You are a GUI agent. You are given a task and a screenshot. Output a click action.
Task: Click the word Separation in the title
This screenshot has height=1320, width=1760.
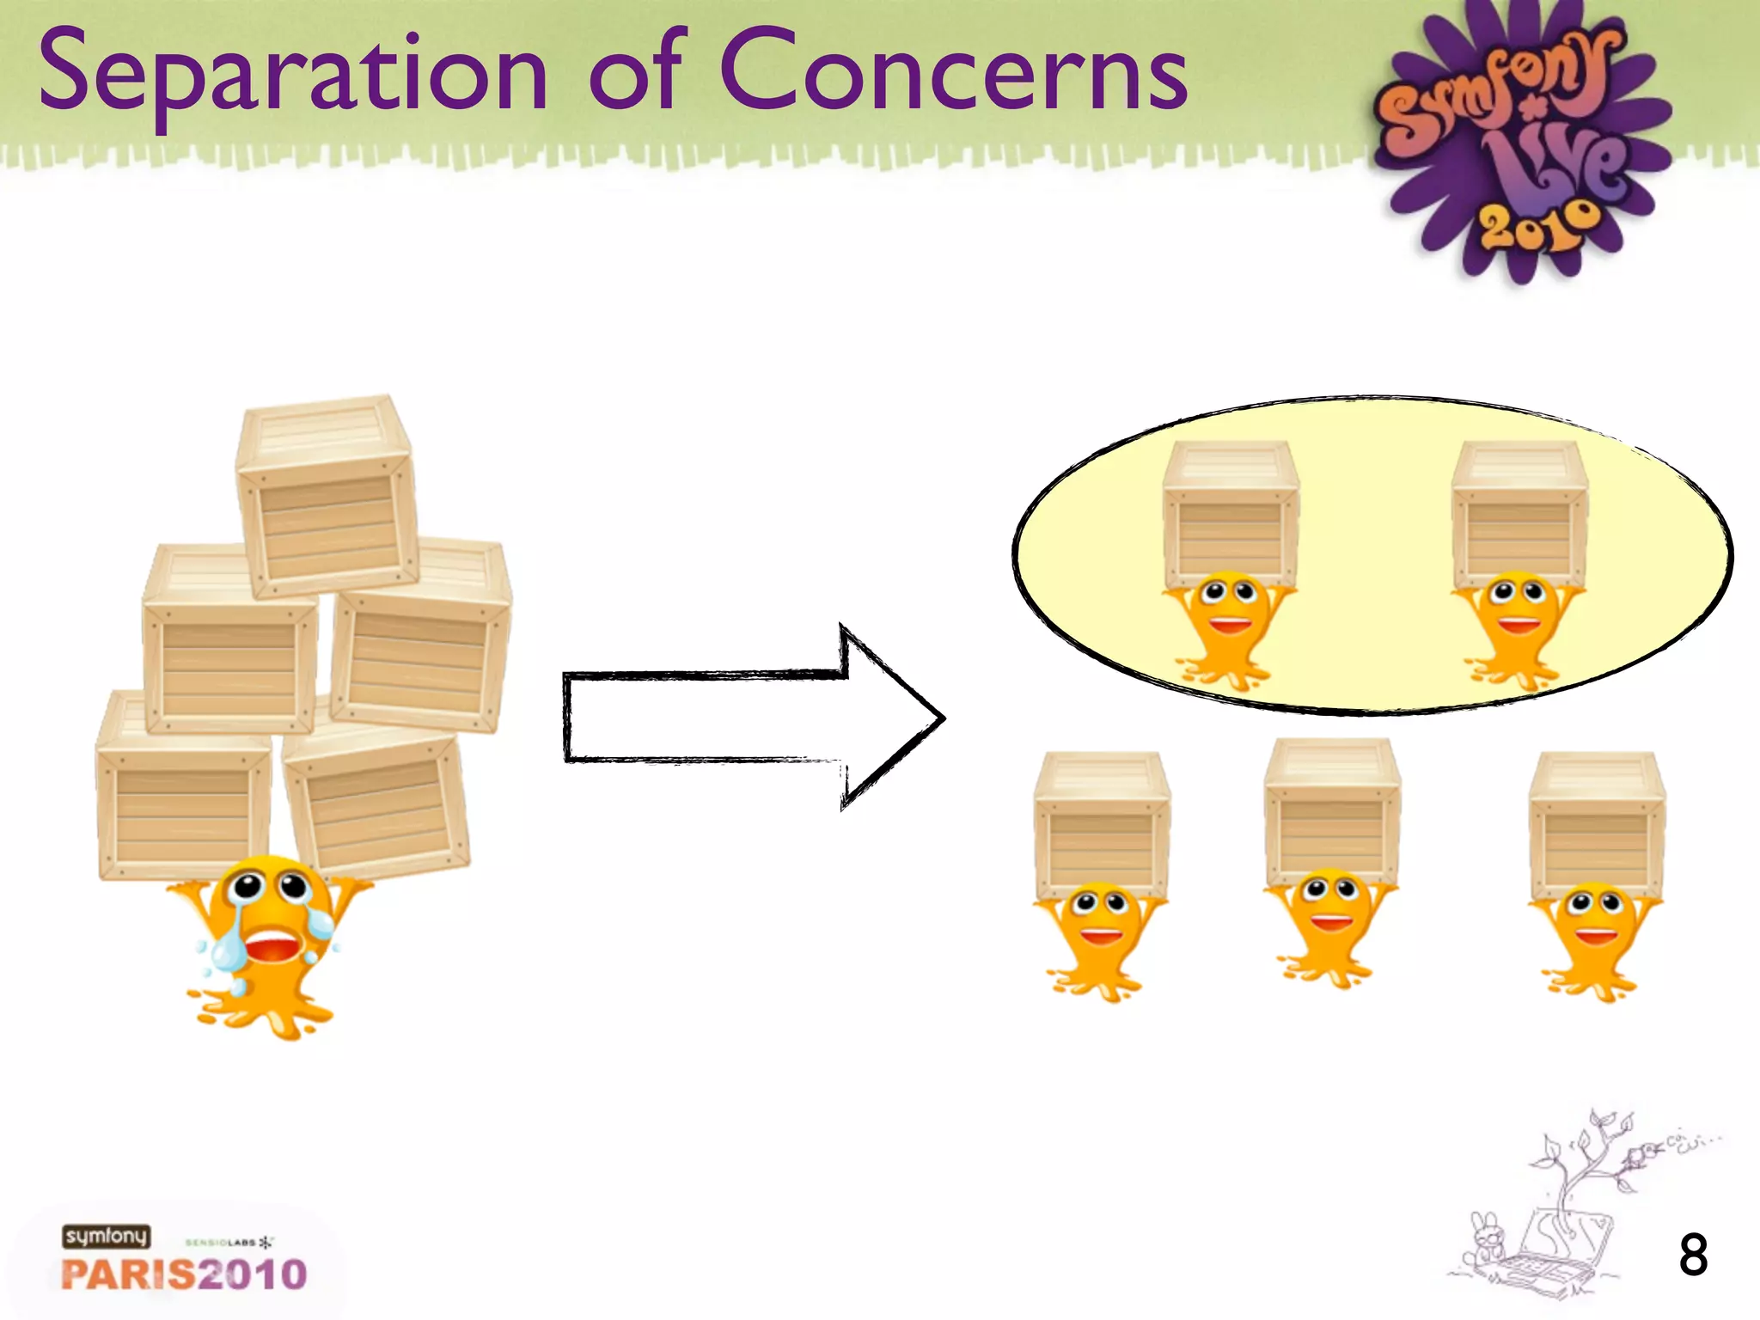pyautogui.click(x=292, y=74)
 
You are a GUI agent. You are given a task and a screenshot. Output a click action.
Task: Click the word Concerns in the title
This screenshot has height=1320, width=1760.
pyautogui.click(x=954, y=72)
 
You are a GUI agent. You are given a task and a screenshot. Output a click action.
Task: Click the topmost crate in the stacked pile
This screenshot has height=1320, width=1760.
pyautogui.click(x=327, y=498)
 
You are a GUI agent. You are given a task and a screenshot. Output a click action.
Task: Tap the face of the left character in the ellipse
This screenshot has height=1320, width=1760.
pyautogui.click(x=1229, y=606)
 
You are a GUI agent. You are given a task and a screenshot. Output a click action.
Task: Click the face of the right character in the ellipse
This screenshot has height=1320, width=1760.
pyautogui.click(x=1518, y=606)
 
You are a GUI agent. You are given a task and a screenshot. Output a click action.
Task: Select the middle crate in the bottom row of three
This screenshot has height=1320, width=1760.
pyautogui.click(x=1332, y=812)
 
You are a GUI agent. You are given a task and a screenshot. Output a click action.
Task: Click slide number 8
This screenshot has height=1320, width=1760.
pyautogui.click(x=1693, y=1256)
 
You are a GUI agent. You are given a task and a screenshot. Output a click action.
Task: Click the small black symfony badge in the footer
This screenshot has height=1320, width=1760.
pyautogui.click(x=106, y=1237)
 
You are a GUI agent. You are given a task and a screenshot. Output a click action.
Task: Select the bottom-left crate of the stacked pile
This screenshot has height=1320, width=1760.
pyautogui.click(x=182, y=786)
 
